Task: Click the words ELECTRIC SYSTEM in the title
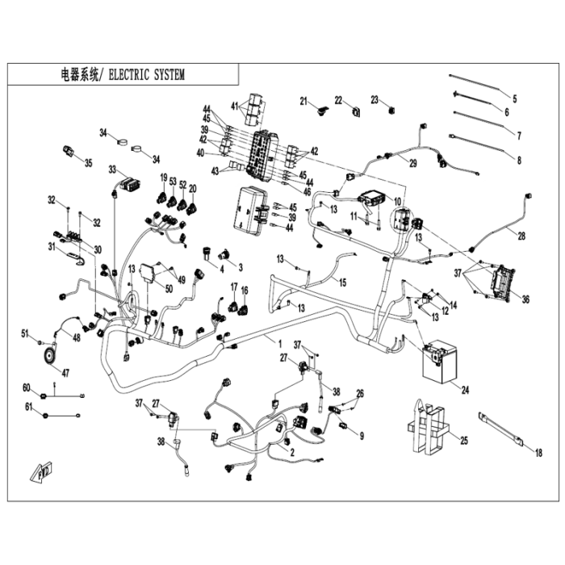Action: pos(147,75)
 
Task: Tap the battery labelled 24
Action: pos(440,360)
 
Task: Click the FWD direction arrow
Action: pos(42,471)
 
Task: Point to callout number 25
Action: pos(464,441)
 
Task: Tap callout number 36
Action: pos(525,299)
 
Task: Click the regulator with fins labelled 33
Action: pos(130,184)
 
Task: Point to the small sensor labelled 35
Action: pos(68,152)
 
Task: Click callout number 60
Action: pos(27,387)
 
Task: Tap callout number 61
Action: pos(28,407)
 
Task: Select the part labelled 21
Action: pos(322,110)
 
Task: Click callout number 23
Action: pos(375,99)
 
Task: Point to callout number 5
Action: pos(515,98)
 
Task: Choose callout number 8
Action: pos(519,160)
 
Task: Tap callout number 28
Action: pos(521,236)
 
